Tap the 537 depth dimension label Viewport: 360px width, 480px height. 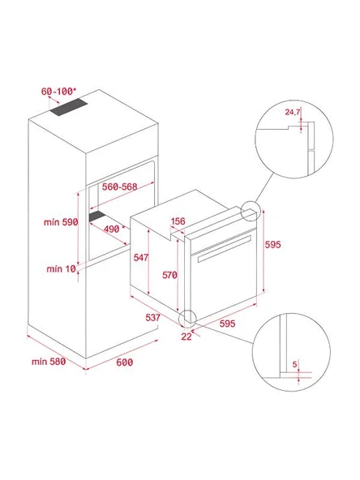tap(154, 317)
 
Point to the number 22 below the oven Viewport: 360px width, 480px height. tap(187, 336)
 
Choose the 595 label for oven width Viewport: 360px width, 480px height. tap(228, 324)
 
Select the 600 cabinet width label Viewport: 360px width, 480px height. tap(122, 362)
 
